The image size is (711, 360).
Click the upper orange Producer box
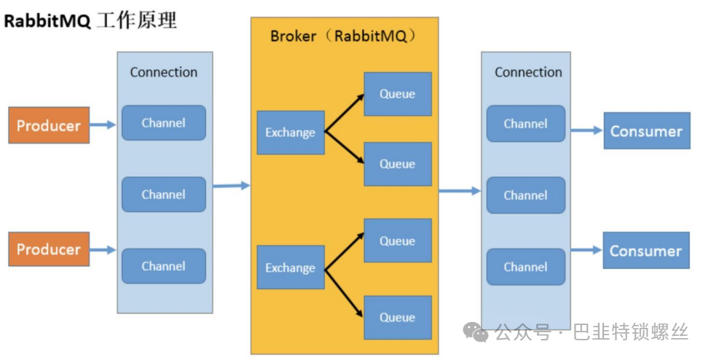tap(49, 125)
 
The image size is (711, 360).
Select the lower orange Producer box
tap(49, 249)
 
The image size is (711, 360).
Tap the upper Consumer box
tap(647, 131)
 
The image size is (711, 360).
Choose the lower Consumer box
tap(646, 250)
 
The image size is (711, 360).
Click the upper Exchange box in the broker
tap(291, 133)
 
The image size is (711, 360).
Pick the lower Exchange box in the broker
tap(291, 267)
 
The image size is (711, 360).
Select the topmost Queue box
tap(398, 94)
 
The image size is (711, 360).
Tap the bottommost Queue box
tap(398, 318)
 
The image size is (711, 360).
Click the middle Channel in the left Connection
tap(164, 195)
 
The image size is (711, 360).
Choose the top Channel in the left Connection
tap(164, 123)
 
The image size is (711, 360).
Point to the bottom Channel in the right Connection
tap(526, 267)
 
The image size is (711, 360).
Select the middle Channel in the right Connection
tap(526, 195)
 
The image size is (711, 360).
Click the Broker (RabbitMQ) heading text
tap(343, 36)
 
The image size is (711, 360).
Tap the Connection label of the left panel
tap(164, 72)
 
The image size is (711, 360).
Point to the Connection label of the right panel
tap(528, 72)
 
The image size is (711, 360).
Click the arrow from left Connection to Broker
tap(231, 185)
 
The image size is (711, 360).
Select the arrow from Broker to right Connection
tap(460, 191)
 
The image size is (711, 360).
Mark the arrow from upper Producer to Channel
tap(103, 125)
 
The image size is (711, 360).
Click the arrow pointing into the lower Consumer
tap(586, 250)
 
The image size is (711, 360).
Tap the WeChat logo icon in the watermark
tap(475, 332)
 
